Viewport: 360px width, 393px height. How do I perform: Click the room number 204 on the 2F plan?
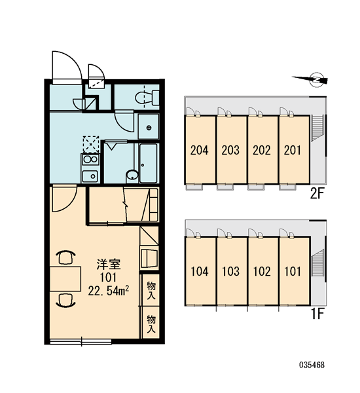click(200, 151)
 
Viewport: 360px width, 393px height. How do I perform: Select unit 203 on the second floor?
click(230, 151)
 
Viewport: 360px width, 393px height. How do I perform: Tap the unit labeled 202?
click(262, 151)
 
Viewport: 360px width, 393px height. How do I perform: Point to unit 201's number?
click(293, 151)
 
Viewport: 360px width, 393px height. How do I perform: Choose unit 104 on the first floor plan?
click(200, 271)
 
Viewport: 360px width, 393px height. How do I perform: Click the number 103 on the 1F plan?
click(231, 271)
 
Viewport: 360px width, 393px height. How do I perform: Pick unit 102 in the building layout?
click(262, 271)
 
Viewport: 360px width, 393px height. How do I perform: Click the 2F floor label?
click(317, 193)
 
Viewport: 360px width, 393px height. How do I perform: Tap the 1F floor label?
click(317, 314)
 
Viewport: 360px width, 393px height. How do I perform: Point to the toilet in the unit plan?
click(147, 98)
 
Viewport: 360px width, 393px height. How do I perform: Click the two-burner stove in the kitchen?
click(90, 159)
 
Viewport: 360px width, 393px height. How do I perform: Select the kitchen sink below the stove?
click(90, 176)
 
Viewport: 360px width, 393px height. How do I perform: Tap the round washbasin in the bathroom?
click(132, 175)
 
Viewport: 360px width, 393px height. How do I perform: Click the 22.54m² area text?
click(109, 291)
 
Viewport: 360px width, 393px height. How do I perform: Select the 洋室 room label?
click(109, 265)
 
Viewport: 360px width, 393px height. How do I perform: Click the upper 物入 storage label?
click(151, 290)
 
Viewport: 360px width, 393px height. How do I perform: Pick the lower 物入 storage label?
click(151, 324)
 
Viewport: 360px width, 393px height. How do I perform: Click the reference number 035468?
click(312, 365)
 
